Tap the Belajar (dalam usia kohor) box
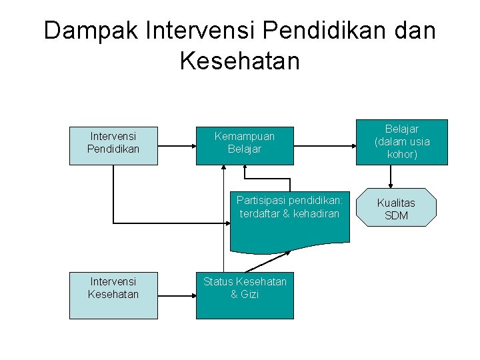[x=402, y=142]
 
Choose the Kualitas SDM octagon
[x=396, y=208]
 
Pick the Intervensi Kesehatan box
[x=113, y=295]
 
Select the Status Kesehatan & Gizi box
[x=245, y=295]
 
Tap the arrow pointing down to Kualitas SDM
[x=391, y=177]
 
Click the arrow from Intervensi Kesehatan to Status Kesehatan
[x=177, y=295]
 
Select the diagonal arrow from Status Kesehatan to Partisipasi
[x=268, y=261]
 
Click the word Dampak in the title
[x=90, y=31]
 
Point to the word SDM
[x=396, y=216]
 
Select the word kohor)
[x=402, y=155]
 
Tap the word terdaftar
[x=259, y=213]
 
